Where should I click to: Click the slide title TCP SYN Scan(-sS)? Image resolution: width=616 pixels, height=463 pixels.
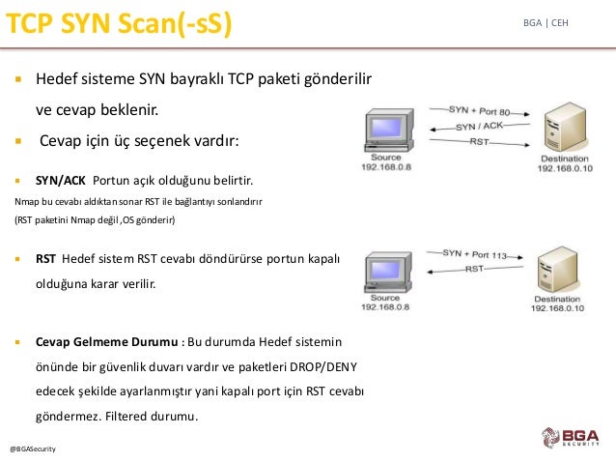119,24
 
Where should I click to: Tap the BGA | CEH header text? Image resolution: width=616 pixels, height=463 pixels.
546,23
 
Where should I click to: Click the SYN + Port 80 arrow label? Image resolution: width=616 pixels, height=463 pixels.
479,110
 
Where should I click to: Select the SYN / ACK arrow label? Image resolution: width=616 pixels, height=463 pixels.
479,127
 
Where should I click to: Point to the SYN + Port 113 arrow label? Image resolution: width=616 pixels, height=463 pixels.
475,254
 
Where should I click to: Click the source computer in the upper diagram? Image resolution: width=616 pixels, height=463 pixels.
389,130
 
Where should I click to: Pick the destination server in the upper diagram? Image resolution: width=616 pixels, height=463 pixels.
565,127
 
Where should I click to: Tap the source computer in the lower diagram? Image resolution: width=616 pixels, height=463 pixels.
388,272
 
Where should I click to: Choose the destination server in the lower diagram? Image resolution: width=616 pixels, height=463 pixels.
557,270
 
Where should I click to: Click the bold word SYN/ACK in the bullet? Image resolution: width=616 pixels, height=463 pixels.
61,181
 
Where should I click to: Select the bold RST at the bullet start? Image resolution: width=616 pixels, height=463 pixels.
45,259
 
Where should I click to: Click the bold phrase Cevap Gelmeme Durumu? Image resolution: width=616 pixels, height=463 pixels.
107,342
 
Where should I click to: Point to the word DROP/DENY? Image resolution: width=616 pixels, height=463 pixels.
323,367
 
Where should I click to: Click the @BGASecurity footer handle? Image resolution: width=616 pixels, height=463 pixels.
33,449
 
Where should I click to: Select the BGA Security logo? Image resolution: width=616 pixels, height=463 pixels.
571,438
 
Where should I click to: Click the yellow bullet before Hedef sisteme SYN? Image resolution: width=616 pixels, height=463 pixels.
18,79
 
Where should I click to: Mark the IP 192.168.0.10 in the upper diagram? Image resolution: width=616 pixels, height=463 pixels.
565,168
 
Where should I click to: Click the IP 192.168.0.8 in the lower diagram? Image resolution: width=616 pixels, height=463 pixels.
385,306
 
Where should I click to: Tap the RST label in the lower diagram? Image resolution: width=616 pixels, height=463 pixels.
474,269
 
